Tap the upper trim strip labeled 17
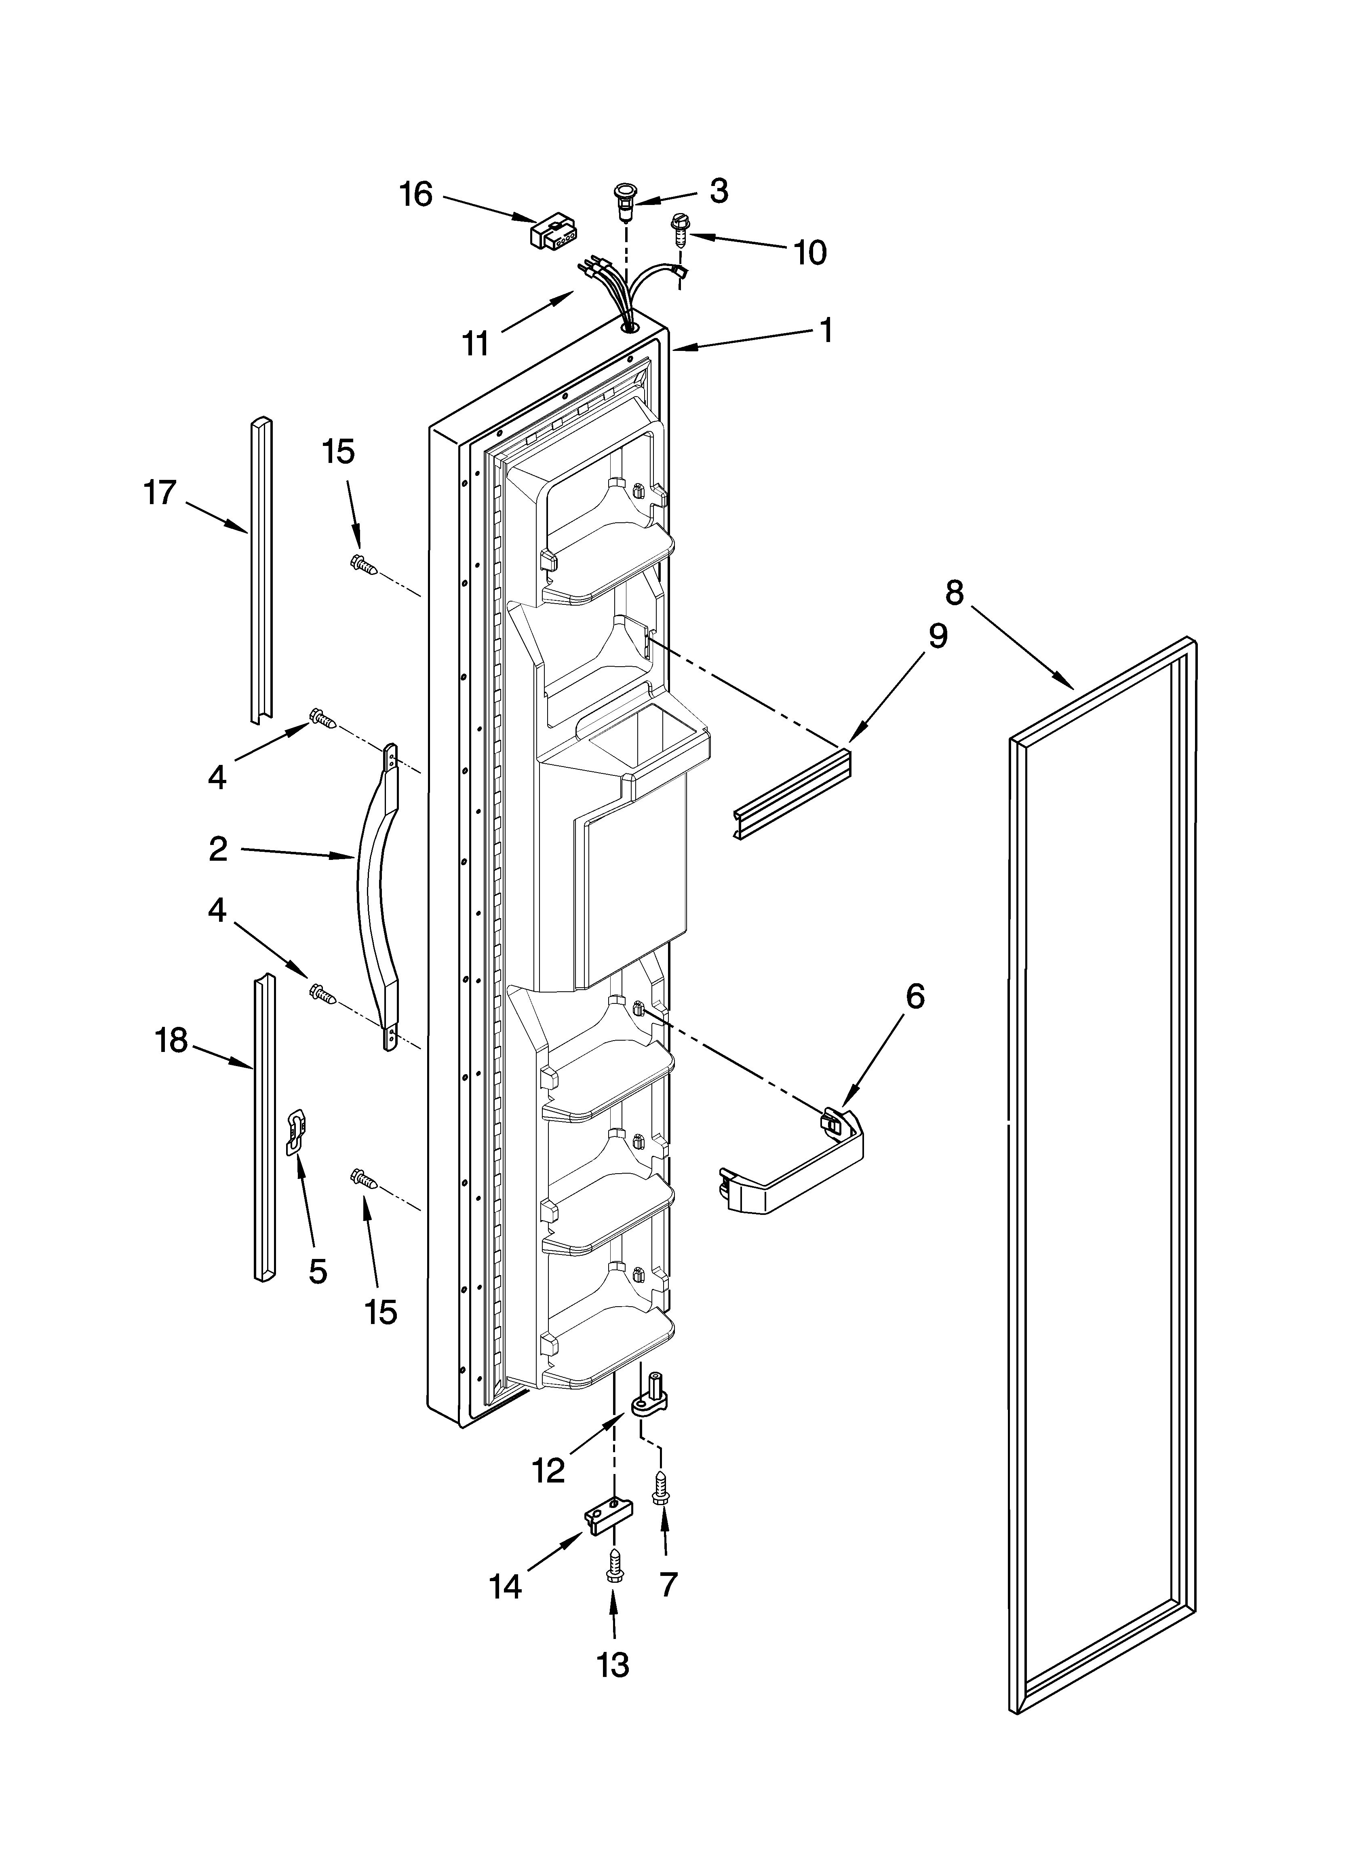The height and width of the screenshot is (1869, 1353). (260, 568)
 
